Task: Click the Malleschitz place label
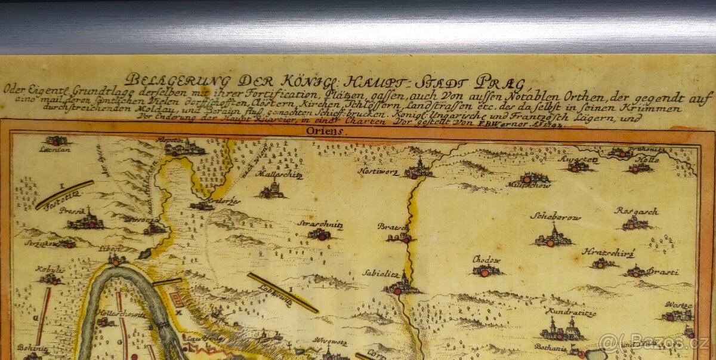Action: point(279,175)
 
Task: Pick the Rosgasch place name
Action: point(636,211)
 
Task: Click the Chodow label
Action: point(486,260)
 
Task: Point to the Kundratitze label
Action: point(570,312)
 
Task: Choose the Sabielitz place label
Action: point(380,273)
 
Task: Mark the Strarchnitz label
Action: point(320,224)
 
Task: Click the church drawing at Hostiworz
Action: point(419,169)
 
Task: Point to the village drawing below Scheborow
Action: point(554,238)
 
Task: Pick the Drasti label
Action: point(662,272)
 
